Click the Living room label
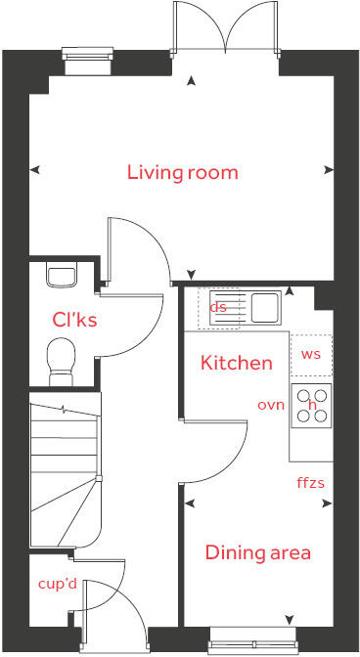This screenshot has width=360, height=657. tap(183, 173)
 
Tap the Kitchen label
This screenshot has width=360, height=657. tap(236, 363)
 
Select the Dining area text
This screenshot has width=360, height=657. tap(257, 552)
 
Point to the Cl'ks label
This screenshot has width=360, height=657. tap(74, 320)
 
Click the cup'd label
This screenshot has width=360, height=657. tap(57, 584)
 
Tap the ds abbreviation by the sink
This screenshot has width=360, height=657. tap(218, 307)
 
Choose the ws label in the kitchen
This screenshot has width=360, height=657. tap(311, 354)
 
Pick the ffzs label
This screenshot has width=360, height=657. tap(311, 482)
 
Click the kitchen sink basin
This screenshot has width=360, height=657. tap(264, 308)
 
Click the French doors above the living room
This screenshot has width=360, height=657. tap(227, 29)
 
